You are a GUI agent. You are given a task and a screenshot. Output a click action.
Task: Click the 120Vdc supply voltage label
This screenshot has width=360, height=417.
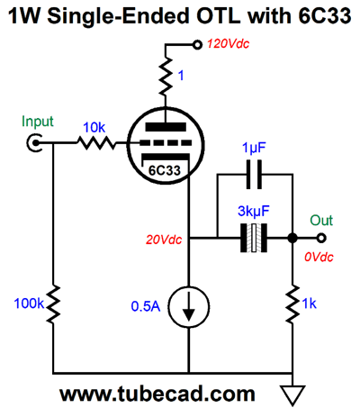[228, 44]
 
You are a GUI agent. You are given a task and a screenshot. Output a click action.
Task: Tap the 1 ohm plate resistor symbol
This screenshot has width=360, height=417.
[166, 77]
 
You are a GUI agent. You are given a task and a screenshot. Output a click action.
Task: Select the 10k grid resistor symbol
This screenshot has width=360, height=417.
[96, 143]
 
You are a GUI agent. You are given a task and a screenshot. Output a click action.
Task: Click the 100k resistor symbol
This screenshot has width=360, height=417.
[53, 304]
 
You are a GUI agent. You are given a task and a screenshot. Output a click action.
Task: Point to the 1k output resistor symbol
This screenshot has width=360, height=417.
[292, 304]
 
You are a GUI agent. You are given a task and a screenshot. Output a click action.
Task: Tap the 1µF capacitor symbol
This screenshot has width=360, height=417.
[254, 175]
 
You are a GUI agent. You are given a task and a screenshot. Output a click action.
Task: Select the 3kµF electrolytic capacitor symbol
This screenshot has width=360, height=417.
[254, 238]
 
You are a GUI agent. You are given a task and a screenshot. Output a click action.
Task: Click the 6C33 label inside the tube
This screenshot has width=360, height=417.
[165, 170]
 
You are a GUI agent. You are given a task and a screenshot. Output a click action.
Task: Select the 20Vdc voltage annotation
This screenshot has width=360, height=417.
[164, 240]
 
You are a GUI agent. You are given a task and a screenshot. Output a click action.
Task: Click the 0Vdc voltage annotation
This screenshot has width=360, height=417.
[319, 258]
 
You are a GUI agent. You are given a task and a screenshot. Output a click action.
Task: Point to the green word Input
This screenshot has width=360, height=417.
[38, 122]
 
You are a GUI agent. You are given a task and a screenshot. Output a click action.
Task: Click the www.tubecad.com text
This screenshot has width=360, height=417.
[157, 394]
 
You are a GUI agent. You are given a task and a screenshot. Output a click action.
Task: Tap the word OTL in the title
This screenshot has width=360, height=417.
[218, 15]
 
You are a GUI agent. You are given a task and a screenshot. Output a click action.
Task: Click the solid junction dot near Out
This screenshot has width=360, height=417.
[292, 238]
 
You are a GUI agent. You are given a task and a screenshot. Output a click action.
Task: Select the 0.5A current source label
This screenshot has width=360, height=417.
[146, 306]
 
